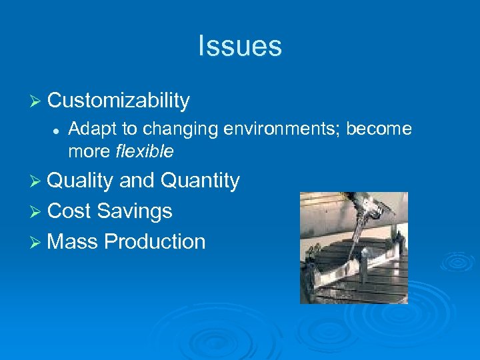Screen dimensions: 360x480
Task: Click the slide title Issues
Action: [x=240, y=46]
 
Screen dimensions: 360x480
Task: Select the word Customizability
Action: [x=119, y=101]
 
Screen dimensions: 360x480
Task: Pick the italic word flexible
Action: [x=145, y=152]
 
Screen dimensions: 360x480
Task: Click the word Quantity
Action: [x=200, y=181]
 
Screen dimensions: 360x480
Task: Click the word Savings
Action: [x=135, y=211]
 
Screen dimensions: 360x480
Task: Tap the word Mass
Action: [x=73, y=241]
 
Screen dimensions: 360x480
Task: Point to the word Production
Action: [x=155, y=241]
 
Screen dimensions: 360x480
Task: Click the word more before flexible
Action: [x=89, y=152]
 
